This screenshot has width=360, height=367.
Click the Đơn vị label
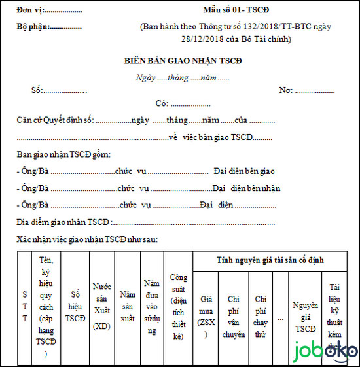click(x=33, y=12)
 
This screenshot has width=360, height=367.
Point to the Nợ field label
click(x=285, y=90)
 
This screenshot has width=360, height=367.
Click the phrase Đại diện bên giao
click(x=243, y=171)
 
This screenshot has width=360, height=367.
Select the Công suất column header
click(x=179, y=305)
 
